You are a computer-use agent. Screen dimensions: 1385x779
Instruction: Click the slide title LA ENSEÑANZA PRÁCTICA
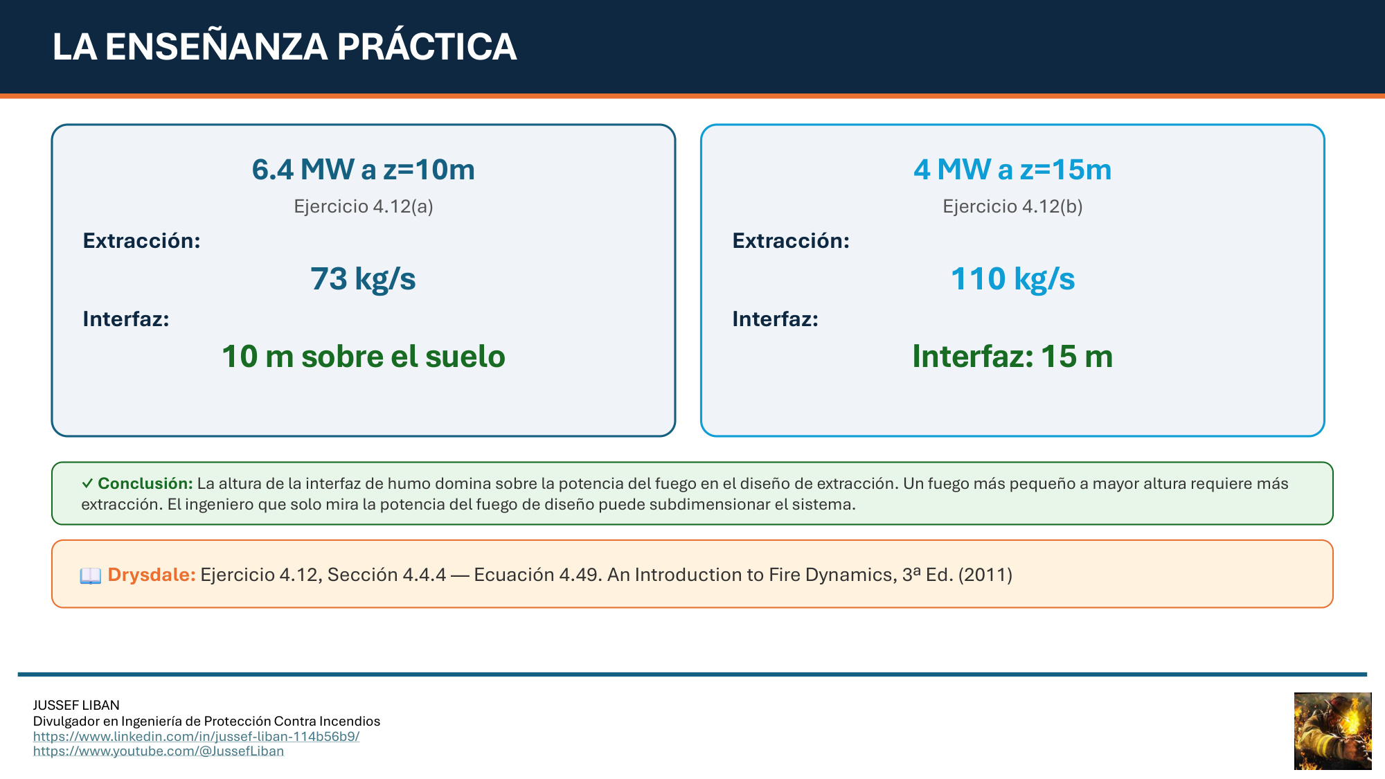[x=285, y=46]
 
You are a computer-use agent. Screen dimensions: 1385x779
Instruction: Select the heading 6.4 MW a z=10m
[x=364, y=170]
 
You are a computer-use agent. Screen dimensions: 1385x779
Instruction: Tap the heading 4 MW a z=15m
[x=1012, y=170]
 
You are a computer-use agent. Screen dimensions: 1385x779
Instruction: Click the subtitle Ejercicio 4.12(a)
[x=364, y=206]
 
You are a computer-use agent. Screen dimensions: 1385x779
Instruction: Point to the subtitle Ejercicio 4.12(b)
[x=1012, y=206]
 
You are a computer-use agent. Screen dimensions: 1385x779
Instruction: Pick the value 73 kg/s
[x=364, y=279]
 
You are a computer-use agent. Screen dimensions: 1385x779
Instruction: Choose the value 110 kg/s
[x=1012, y=279]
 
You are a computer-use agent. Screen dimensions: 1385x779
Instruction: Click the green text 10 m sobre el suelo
[x=364, y=357]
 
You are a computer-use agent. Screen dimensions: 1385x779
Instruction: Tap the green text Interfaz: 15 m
[x=1012, y=357]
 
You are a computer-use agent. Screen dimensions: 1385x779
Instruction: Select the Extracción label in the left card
[x=142, y=241]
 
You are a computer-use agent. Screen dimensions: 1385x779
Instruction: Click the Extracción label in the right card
[x=792, y=241]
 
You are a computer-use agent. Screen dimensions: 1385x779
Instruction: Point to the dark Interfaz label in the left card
[x=126, y=319]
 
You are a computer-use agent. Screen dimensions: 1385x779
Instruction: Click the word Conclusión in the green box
[x=145, y=483]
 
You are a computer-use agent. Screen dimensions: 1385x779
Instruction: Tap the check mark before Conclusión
[x=87, y=483]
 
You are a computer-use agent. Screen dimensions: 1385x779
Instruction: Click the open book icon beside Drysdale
[x=91, y=575]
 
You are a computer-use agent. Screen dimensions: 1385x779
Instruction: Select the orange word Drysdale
[x=152, y=575]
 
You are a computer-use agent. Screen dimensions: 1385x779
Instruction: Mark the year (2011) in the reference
[x=985, y=575]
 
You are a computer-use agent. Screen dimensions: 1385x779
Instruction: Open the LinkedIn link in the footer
[x=197, y=736]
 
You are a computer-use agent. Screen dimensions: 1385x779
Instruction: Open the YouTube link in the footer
[x=159, y=751]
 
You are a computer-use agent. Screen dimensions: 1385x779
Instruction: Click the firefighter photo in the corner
[x=1333, y=731]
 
